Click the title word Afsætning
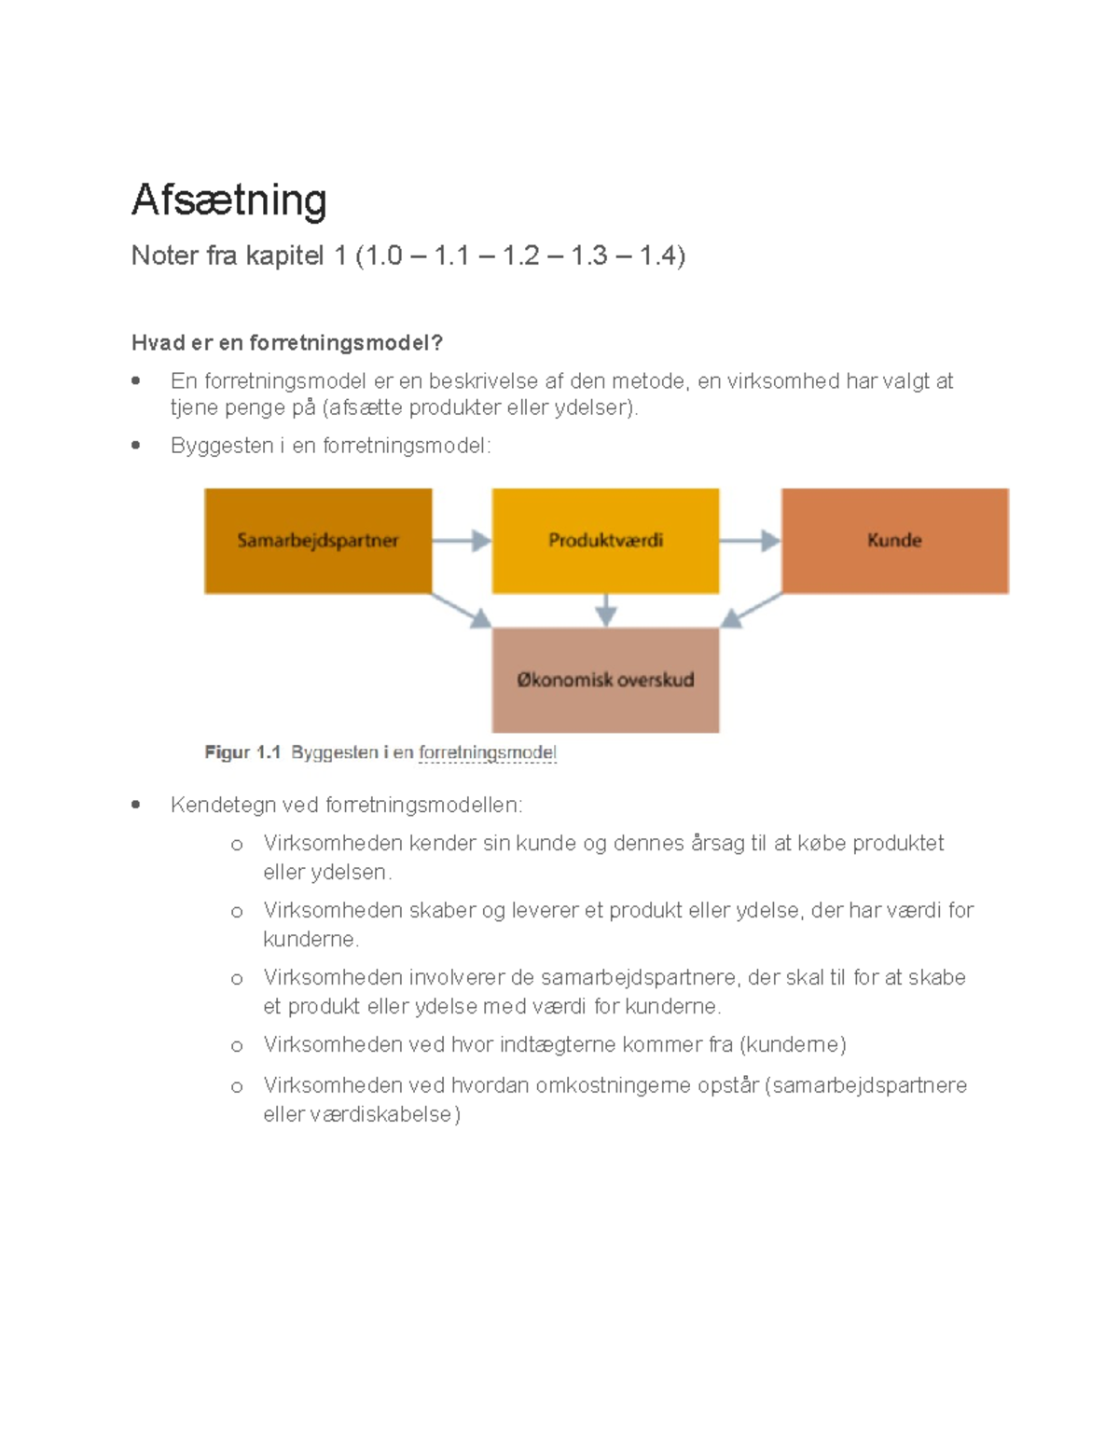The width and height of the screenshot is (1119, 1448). [228, 200]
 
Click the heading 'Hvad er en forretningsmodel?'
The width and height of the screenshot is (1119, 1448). [286, 343]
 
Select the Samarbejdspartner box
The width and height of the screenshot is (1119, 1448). [318, 541]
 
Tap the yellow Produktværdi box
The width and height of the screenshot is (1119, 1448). [605, 541]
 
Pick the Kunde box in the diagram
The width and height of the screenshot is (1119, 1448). [894, 541]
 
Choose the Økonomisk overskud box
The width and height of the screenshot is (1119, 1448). [605, 680]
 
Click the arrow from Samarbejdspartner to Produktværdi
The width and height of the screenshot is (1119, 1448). [462, 541]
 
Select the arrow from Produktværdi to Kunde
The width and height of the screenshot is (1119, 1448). [750, 541]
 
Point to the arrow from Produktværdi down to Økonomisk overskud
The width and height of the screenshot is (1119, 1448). [606, 610]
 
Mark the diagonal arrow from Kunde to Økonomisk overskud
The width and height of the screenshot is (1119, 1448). [751, 611]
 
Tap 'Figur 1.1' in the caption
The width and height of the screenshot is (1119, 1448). [242, 752]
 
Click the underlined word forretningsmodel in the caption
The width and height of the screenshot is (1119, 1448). [487, 752]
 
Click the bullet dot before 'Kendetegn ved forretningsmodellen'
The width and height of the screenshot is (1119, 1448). [136, 804]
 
